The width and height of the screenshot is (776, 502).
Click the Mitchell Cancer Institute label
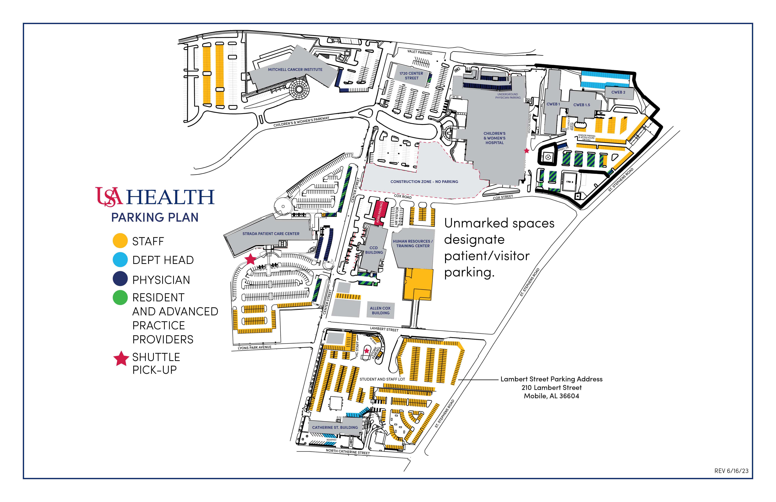pyautogui.click(x=295, y=69)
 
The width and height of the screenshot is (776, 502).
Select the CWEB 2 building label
pyautogui.click(x=618, y=92)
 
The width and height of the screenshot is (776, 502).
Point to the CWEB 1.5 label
pyautogui.click(x=582, y=105)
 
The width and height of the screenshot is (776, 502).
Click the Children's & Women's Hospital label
pyautogui.click(x=494, y=138)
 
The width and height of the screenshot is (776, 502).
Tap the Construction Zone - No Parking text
pyautogui.click(x=424, y=182)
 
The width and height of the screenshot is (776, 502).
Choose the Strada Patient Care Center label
pyautogui.click(x=271, y=234)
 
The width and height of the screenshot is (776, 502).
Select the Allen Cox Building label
pyautogui.click(x=380, y=310)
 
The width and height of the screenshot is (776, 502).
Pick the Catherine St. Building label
pyautogui.click(x=335, y=427)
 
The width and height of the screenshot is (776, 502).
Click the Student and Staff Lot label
pyautogui.click(x=382, y=379)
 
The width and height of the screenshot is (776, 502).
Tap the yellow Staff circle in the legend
pyautogui.click(x=120, y=241)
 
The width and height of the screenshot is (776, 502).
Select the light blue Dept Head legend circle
pyautogui.click(x=120, y=260)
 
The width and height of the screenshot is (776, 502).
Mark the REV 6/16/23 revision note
pyautogui.click(x=731, y=471)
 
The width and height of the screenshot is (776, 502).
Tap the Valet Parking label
pyautogui.click(x=420, y=52)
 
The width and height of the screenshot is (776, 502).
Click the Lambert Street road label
pyautogui.click(x=384, y=329)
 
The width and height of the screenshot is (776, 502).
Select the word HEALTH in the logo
pyautogui.click(x=170, y=197)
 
